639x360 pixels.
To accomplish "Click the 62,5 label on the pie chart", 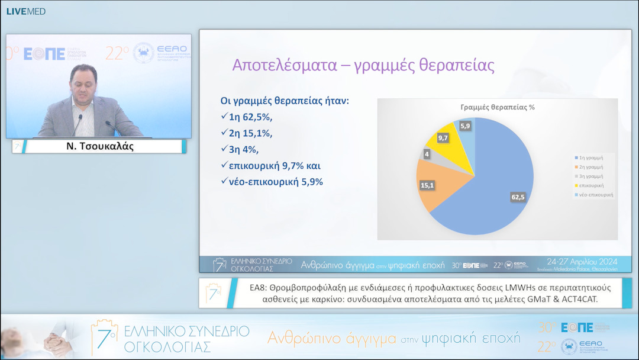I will (x=518, y=197).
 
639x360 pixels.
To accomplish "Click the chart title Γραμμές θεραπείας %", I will (x=498, y=107).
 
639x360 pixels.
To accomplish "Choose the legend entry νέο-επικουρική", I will (x=596, y=194).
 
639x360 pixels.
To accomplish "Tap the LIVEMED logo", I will (x=25, y=11).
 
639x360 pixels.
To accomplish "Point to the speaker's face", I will (x=83, y=82).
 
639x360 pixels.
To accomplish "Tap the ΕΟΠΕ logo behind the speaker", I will (x=44, y=54).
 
